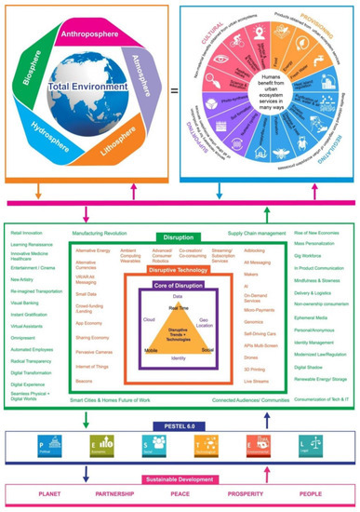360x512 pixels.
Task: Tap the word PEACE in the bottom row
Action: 180,496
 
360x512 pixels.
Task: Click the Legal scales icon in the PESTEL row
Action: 306,445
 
